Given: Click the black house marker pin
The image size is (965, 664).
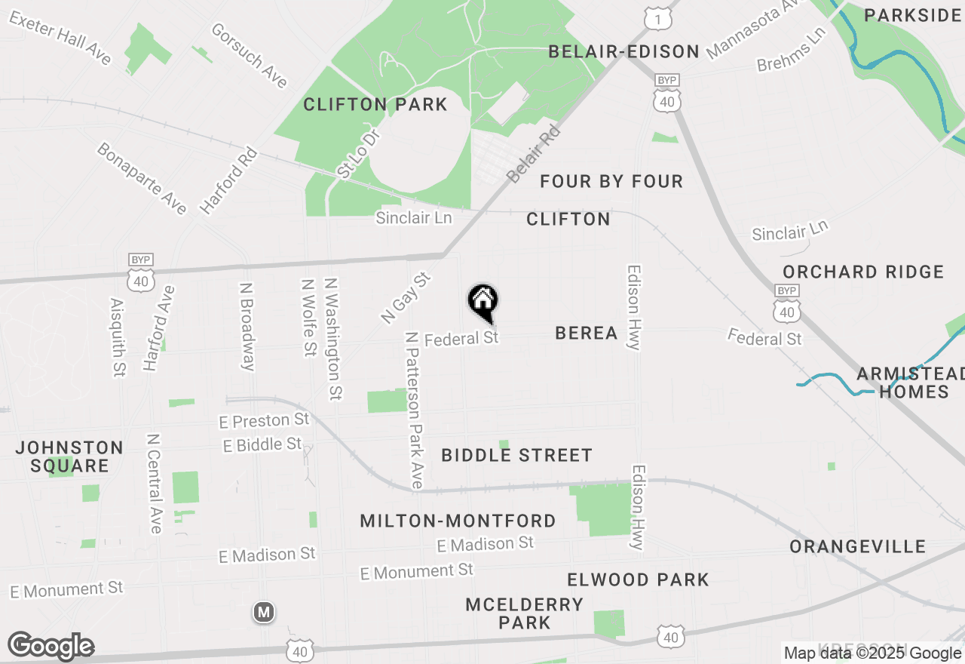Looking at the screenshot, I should [x=482, y=303].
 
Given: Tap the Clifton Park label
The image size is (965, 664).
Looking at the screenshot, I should [x=375, y=104].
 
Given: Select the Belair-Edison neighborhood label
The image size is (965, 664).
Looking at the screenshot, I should [x=624, y=51].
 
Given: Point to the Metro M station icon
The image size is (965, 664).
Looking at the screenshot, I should [x=263, y=613].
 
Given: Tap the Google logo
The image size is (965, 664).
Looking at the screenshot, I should [x=51, y=646].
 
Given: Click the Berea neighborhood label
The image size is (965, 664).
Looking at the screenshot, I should [x=586, y=333].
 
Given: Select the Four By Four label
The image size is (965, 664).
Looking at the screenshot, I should [x=611, y=181].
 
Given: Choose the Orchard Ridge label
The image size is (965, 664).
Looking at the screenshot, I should [x=863, y=272].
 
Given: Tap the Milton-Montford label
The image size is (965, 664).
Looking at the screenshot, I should [x=458, y=521].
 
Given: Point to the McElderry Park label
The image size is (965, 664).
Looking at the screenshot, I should [x=524, y=613].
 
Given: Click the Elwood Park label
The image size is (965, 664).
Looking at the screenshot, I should [x=638, y=579].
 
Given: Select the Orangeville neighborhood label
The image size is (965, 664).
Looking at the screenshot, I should [x=857, y=546].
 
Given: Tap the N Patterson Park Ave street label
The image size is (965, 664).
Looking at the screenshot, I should [x=414, y=410].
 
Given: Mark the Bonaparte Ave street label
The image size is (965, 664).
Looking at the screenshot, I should [x=142, y=178].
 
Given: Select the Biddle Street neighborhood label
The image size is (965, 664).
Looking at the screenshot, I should [x=516, y=455].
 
